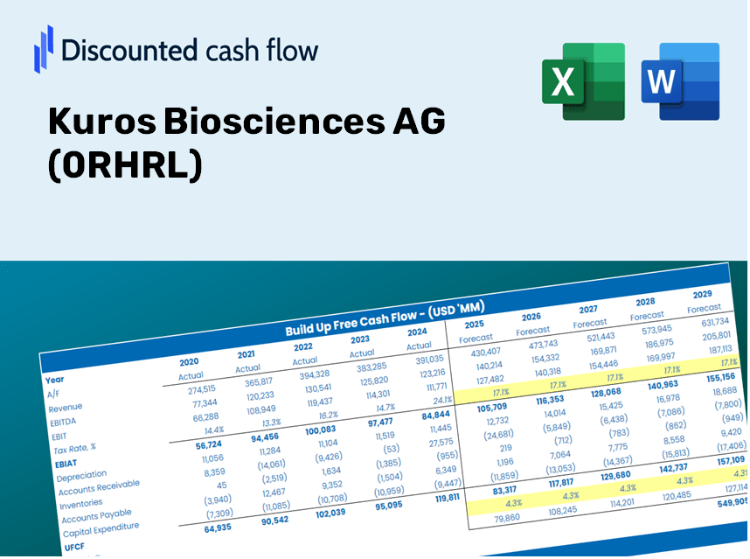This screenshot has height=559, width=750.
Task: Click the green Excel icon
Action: click(583, 81)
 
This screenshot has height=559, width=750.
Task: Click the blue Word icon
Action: click(680, 81)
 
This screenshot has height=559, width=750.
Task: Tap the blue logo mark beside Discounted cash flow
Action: click(43, 48)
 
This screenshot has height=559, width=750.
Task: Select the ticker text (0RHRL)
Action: click(125, 165)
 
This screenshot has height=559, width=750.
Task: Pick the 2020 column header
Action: click(189, 362)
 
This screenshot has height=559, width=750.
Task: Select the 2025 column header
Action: click(474, 325)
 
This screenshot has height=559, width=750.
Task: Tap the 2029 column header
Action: click(702, 295)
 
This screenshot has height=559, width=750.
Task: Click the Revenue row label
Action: click(66, 408)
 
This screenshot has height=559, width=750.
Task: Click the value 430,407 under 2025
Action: click(485, 353)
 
